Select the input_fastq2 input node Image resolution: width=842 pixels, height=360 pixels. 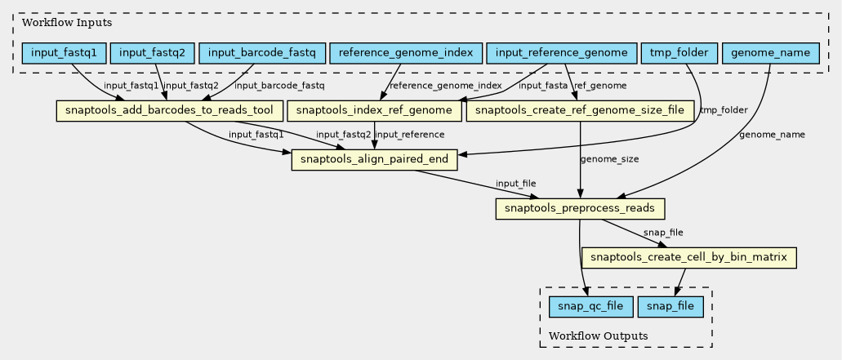point(152,54)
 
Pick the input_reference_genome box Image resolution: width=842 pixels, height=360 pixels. point(561,54)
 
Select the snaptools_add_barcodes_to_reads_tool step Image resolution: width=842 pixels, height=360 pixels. point(169,110)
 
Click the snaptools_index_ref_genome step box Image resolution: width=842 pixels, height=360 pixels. point(374,110)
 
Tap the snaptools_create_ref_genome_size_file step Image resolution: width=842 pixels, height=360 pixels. point(580,110)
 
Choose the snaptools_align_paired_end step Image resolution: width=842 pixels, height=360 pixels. point(374,159)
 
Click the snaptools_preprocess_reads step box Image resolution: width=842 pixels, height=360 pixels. point(580,209)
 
